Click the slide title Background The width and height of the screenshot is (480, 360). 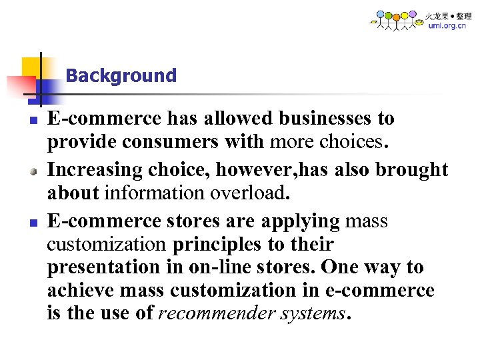(x=121, y=76)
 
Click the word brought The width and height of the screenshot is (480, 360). (x=412, y=170)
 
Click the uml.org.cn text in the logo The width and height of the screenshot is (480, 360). (x=446, y=26)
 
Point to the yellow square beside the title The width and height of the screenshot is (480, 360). (x=33, y=68)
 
